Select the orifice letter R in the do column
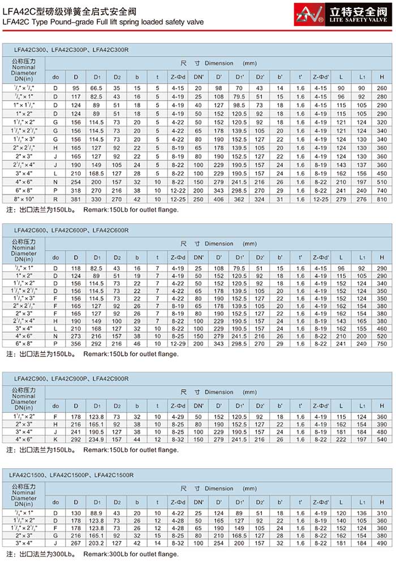tap(55, 199)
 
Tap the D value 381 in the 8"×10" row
tap(76, 199)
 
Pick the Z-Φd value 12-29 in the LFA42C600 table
tap(178, 343)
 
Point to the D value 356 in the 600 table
tap(76, 343)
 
